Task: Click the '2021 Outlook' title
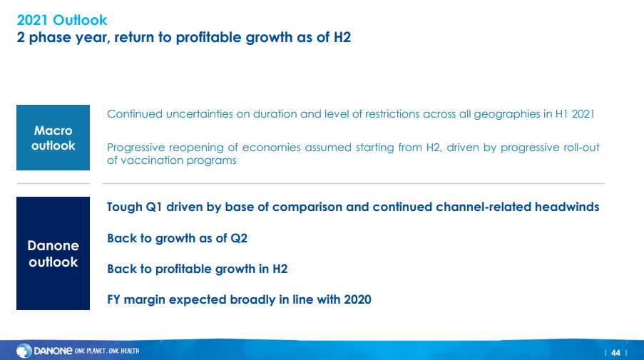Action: point(61,20)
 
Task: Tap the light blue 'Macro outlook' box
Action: point(53,138)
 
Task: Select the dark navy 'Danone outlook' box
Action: point(53,253)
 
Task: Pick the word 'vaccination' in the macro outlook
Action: point(152,160)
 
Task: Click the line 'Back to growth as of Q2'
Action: point(177,238)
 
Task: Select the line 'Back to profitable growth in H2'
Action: point(197,269)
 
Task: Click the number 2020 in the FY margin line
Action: point(357,299)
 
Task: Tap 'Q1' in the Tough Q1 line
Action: point(154,207)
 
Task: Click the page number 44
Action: point(615,353)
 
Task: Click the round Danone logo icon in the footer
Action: point(24,351)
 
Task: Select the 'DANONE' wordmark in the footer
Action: point(53,351)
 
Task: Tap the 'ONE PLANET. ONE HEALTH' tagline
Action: point(107,351)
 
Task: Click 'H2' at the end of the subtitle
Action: point(342,37)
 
